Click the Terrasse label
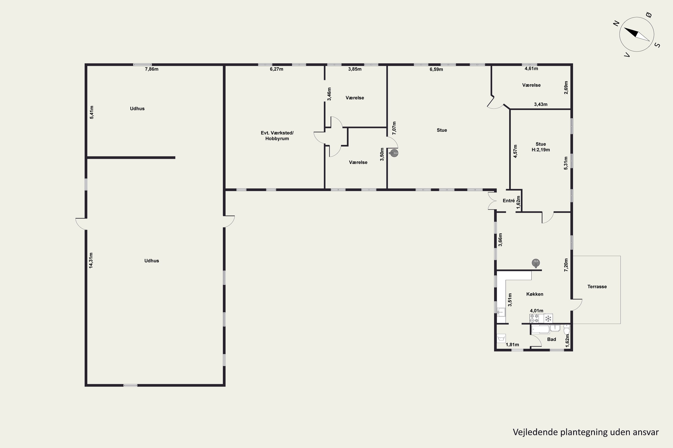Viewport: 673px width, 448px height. pyautogui.click(x=597, y=286)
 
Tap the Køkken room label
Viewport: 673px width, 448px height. pyautogui.click(x=535, y=294)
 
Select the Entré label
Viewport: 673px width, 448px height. pyautogui.click(x=509, y=200)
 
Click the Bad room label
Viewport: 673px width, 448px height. pyautogui.click(x=551, y=339)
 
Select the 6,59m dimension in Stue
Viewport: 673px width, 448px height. pyautogui.click(x=436, y=69)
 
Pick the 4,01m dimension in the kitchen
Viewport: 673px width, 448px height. pyautogui.click(x=537, y=310)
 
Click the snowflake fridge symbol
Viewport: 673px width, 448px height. pyautogui.click(x=548, y=318)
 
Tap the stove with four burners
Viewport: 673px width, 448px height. pyautogui.click(x=534, y=318)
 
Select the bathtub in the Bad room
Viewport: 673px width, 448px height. pyautogui.click(x=540, y=330)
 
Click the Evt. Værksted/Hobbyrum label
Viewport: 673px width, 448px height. pyautogui.click(x=277, y=136)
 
